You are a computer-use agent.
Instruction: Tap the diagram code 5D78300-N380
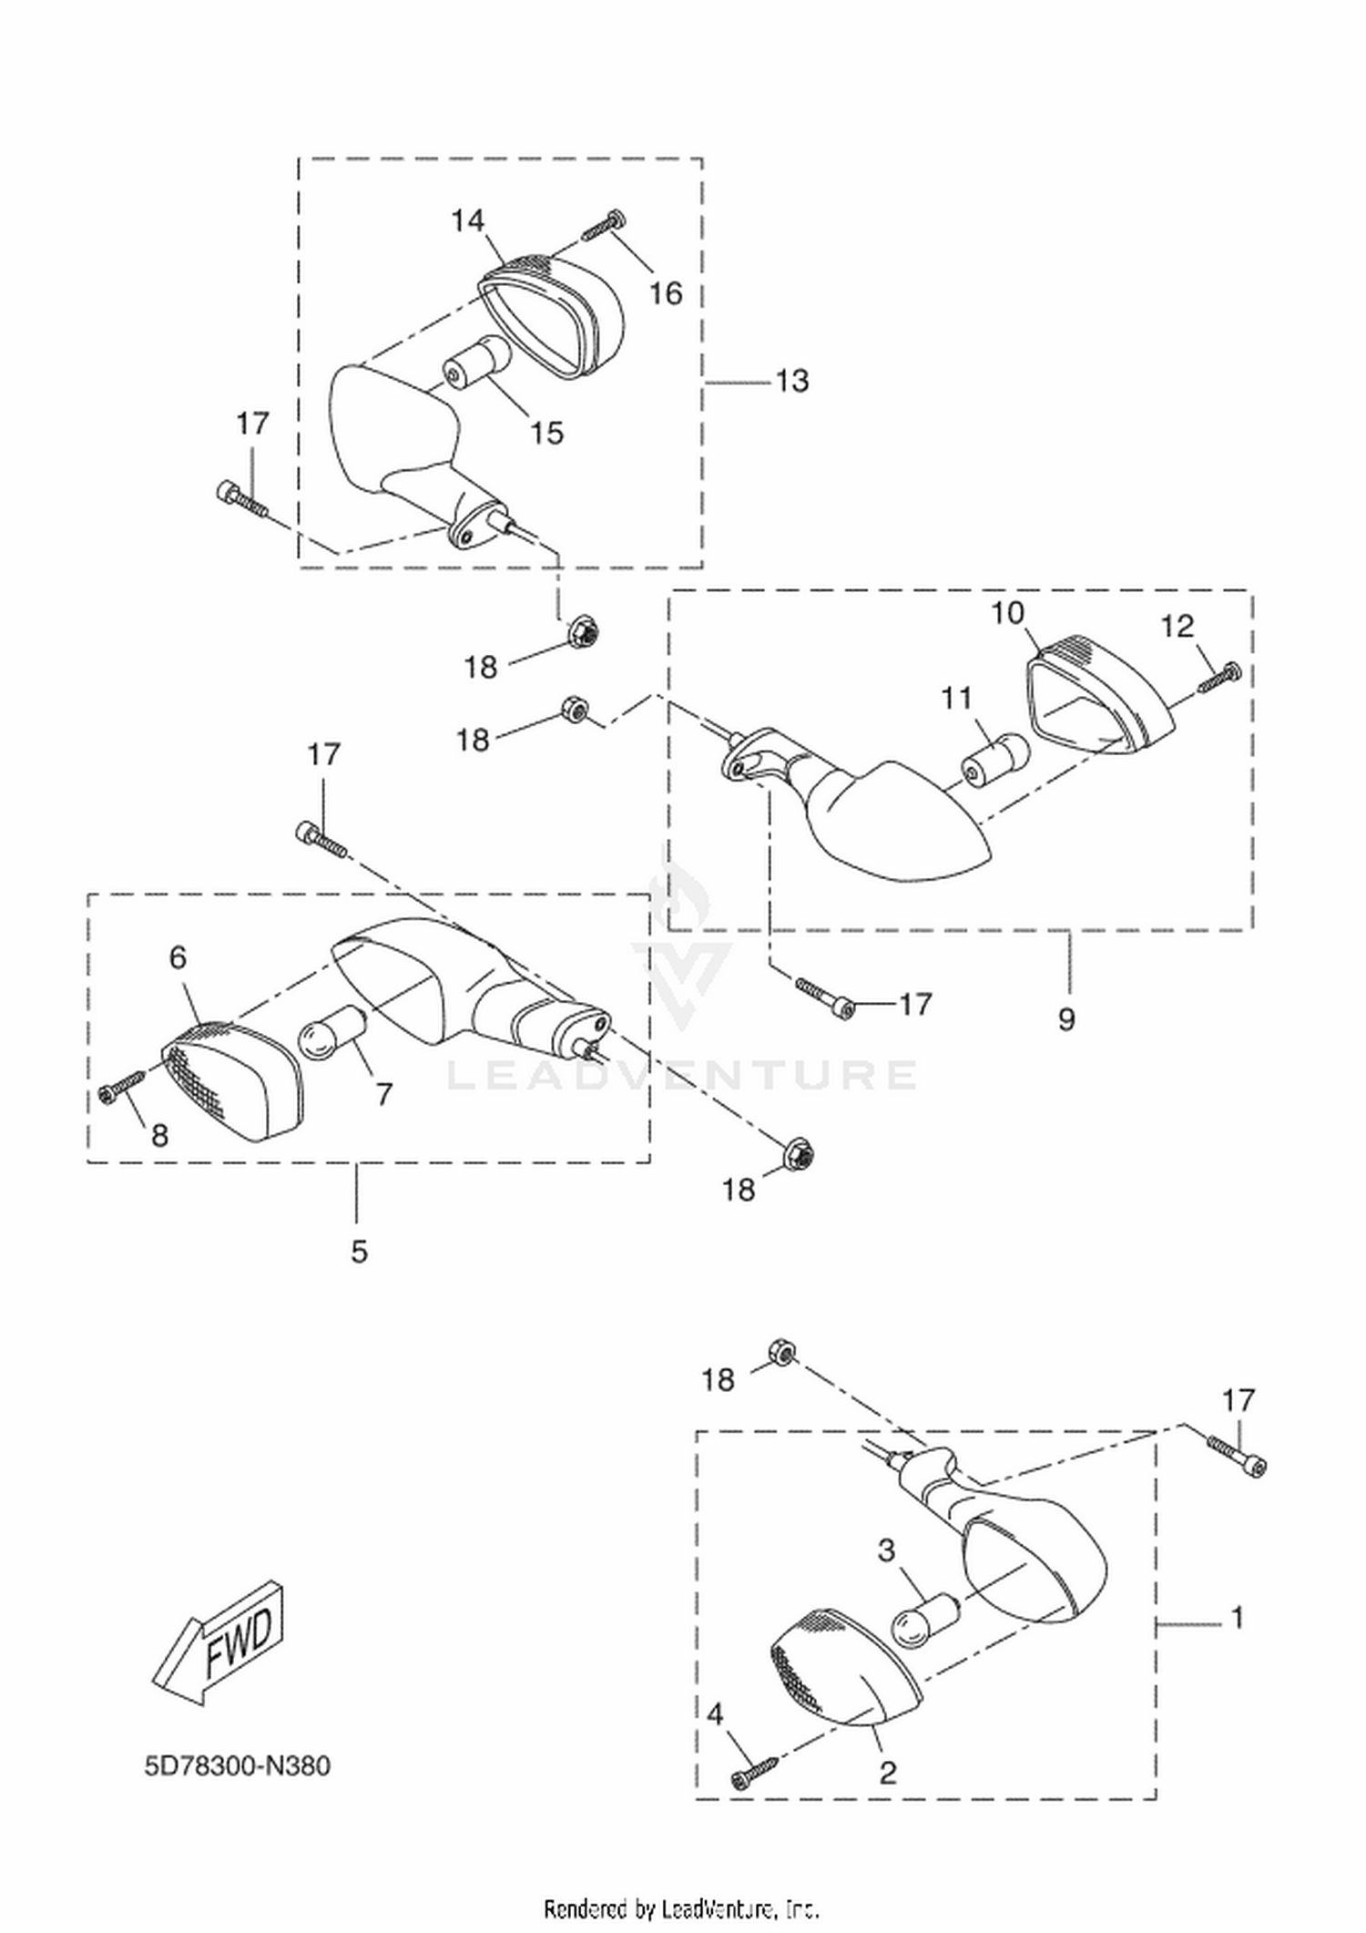coord(238,1766)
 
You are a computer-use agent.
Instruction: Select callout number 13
coord(791,381)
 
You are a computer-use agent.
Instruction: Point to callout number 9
coord(1066,1018)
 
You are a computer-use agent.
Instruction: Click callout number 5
coord(360,1252)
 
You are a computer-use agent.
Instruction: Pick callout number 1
coord(1237,1618)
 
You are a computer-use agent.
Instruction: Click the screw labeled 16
coord(601,224)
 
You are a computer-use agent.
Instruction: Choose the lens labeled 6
coord(233,1082)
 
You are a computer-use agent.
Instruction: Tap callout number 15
coord(546,433)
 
